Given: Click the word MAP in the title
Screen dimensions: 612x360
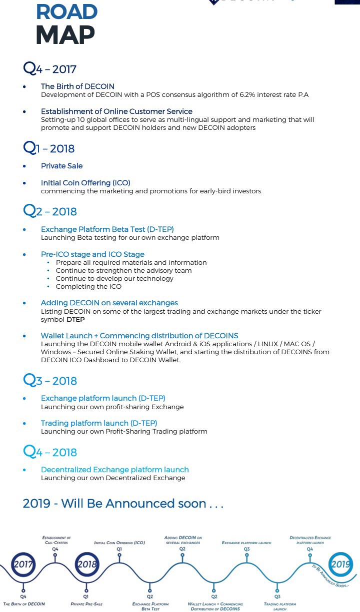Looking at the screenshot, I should (x=65, y=34).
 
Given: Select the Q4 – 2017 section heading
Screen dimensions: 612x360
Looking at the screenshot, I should (x=50, y=68).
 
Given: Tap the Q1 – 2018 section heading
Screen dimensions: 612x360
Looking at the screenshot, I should (x=49, y=148).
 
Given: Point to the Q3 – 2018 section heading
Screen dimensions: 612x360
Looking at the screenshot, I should (x=50, y=381).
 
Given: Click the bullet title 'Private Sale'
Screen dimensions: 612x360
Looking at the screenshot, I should (x=61, y=166).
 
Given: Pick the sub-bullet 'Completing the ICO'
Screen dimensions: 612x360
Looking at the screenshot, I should (x=88, y=286).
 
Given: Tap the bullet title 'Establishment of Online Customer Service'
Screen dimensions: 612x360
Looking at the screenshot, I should (x=116, y=111).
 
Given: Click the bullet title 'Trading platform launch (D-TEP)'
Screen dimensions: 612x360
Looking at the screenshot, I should (x=99, y=423).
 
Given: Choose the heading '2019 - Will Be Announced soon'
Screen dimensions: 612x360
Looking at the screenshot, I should (x=122, y=504).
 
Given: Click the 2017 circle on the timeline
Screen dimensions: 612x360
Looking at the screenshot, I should (x=23, y=565).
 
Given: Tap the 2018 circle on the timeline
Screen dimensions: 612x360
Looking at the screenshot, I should (x=86, y=565).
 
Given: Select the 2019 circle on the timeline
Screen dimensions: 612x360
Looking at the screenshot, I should (x=340, y=565).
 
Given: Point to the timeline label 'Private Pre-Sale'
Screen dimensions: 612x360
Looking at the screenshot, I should (x=86, y=604).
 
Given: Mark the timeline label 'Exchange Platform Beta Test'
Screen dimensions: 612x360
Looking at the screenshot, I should (x=150, y=606).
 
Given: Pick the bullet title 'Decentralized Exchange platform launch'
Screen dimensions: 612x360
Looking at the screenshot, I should (x=114, y=470).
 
